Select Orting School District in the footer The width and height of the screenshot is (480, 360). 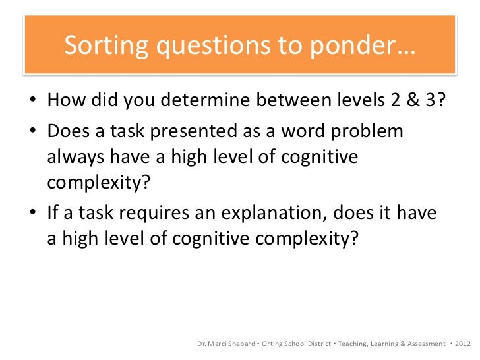[x=297, y=344]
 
